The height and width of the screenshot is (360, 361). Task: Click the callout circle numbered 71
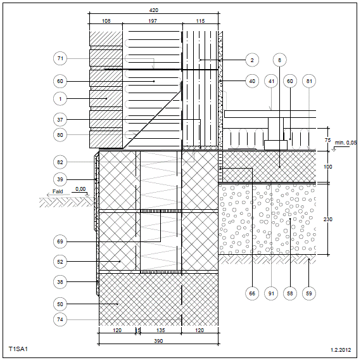(x=60, y=58)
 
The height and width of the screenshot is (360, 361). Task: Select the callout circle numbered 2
(x=252, y=60)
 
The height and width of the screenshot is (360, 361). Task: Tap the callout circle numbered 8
(x=280, y=60)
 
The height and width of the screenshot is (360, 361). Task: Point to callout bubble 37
(x=60, y=120)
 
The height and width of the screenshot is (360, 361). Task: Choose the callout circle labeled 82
(x=60, y=162)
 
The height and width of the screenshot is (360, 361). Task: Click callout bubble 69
(x=60, y=241)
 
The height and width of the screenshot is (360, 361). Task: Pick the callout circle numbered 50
(x=60, y=304)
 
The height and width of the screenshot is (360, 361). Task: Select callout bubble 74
(x=60, y=319)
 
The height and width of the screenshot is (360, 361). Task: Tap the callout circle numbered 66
(x=252, y=293)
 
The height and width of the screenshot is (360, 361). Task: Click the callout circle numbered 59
(x=309, y=293)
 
